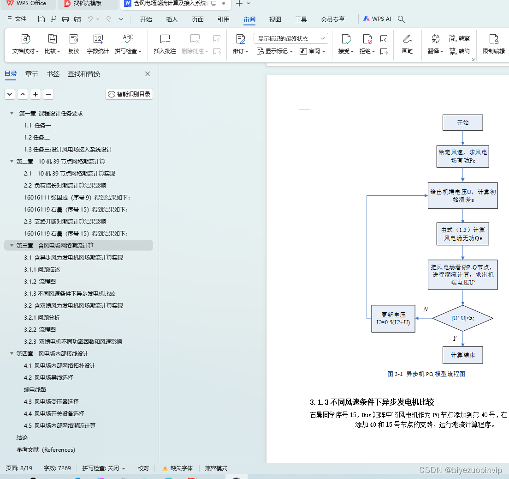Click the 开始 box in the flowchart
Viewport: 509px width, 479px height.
coord(462,122)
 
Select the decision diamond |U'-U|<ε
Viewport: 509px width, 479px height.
coord(462,318)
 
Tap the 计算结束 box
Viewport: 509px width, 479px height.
coord(462,355)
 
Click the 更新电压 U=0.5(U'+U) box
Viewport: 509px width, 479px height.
coord(393,319)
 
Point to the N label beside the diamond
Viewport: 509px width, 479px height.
coord(426,309)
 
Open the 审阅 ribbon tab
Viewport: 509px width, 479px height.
coord(249,19)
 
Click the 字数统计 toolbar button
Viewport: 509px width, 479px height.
coord(98,44)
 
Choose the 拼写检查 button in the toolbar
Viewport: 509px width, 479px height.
coord(128,44)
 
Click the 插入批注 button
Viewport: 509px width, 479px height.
coord(165,44)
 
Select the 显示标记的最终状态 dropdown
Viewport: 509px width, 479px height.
coord(290,38)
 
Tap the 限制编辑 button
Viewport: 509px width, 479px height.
coord(493,44)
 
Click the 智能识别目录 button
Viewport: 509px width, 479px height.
coord(129,94)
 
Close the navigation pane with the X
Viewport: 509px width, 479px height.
coord(148,74)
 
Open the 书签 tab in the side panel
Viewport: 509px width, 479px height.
coord(53,74)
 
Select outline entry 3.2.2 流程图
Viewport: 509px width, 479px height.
coord(40,330)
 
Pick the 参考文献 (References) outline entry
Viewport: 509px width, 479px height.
coord(46,450)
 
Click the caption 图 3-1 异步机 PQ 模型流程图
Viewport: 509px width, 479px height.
coord(426,374)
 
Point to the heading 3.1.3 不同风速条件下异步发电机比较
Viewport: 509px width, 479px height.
coord(372,402)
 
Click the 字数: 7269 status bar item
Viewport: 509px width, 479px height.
coord(57,468)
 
